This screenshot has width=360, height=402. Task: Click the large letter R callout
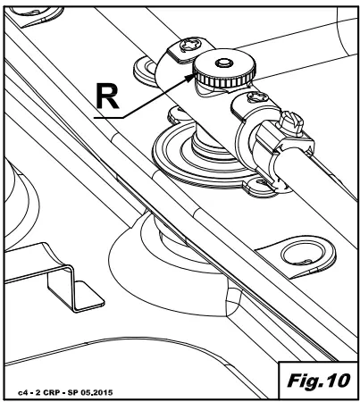pyautogui.click(x=108, y=96)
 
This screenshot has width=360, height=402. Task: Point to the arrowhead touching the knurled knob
pyautogui.click(x=189, y=79)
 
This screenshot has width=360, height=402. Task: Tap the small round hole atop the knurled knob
pyautogui.click(x=224, y=63)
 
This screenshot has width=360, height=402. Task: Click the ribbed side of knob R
pyautogui.click(x=224, y=80)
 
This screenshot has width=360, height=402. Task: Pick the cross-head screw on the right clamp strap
pyautogui.click(x=257, y=97)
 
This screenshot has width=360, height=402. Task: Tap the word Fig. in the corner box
pyautogui.click(x=303, y=381)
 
